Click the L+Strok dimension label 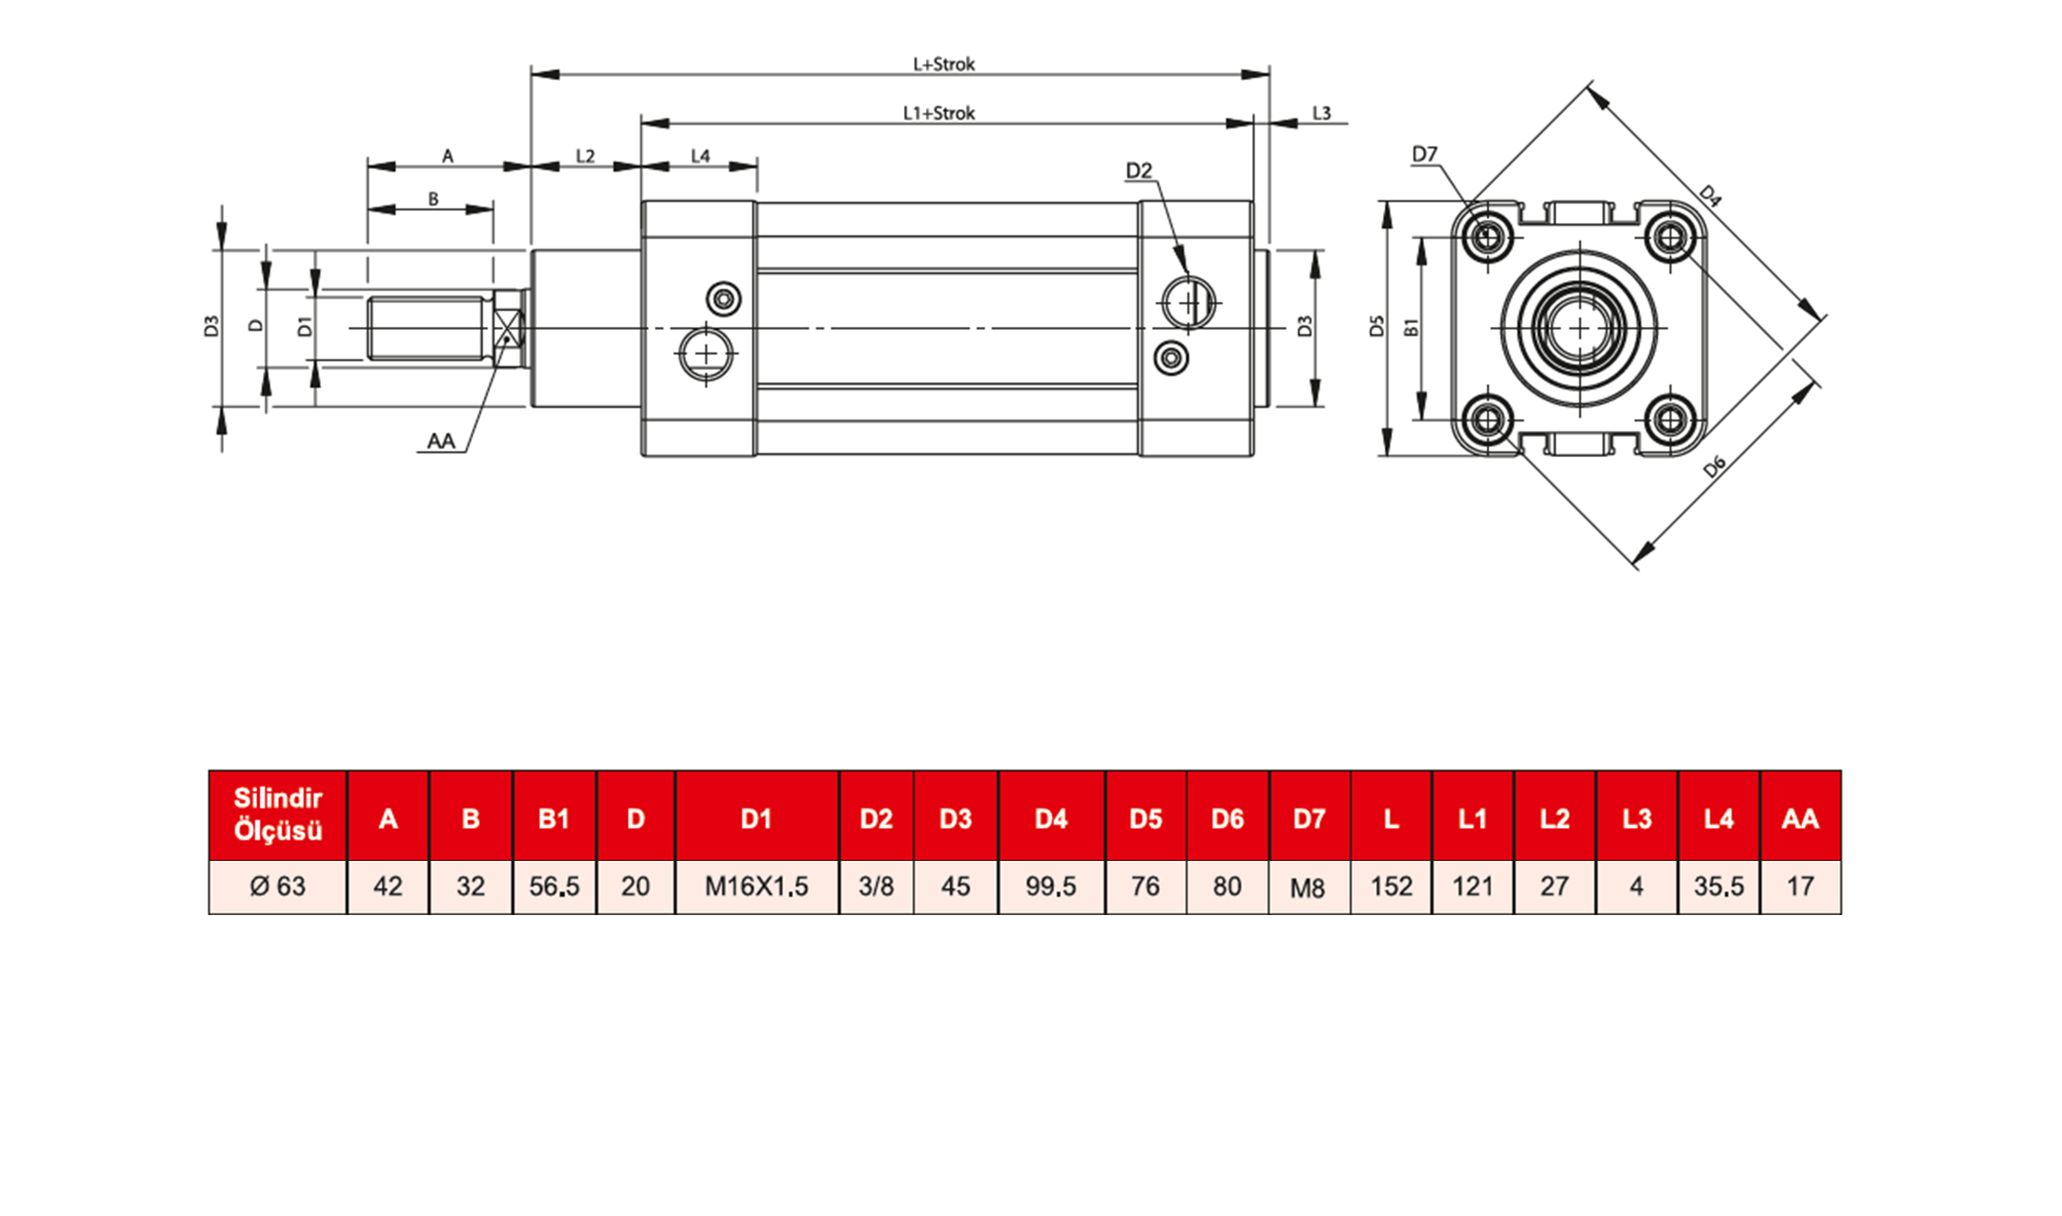pyautogui.click(x=943, y=64)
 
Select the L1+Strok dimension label pyautogui.click(x=938, y=113)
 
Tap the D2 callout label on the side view pyautogui.click(x=1139, y=170)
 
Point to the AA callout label pyautogui.click(x=440, y=441)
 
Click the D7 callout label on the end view pyautogui.click(x=1424, y=154)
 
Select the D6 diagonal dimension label pyautogui.click(x=1714, y=467)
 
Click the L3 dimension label pyautogui.click(x=1321, y=113)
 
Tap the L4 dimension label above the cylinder pyautogui.click(x=700, y=155)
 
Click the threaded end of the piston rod pyautogui.click(x=427, y=328)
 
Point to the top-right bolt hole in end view pyautogui.click(x=1671, y=236)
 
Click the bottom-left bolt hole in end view pyautogui.click(x=1487, y=420)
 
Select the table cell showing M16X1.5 pyautogui.click(x=756, y=886)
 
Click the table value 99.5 pyautogui.click(x=1051, y=886)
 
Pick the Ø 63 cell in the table pyautogui.click(x=277, y=886)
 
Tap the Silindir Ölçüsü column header pyautogui.click(x=277, y=815)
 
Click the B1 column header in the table pyautogui.click(x=554, y=818)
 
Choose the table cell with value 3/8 pyautogui.click(x=875, y=886)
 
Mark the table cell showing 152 pyautogui.click(x=1391, y=886)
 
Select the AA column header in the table pyautogui.click(x=1800, y=818)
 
